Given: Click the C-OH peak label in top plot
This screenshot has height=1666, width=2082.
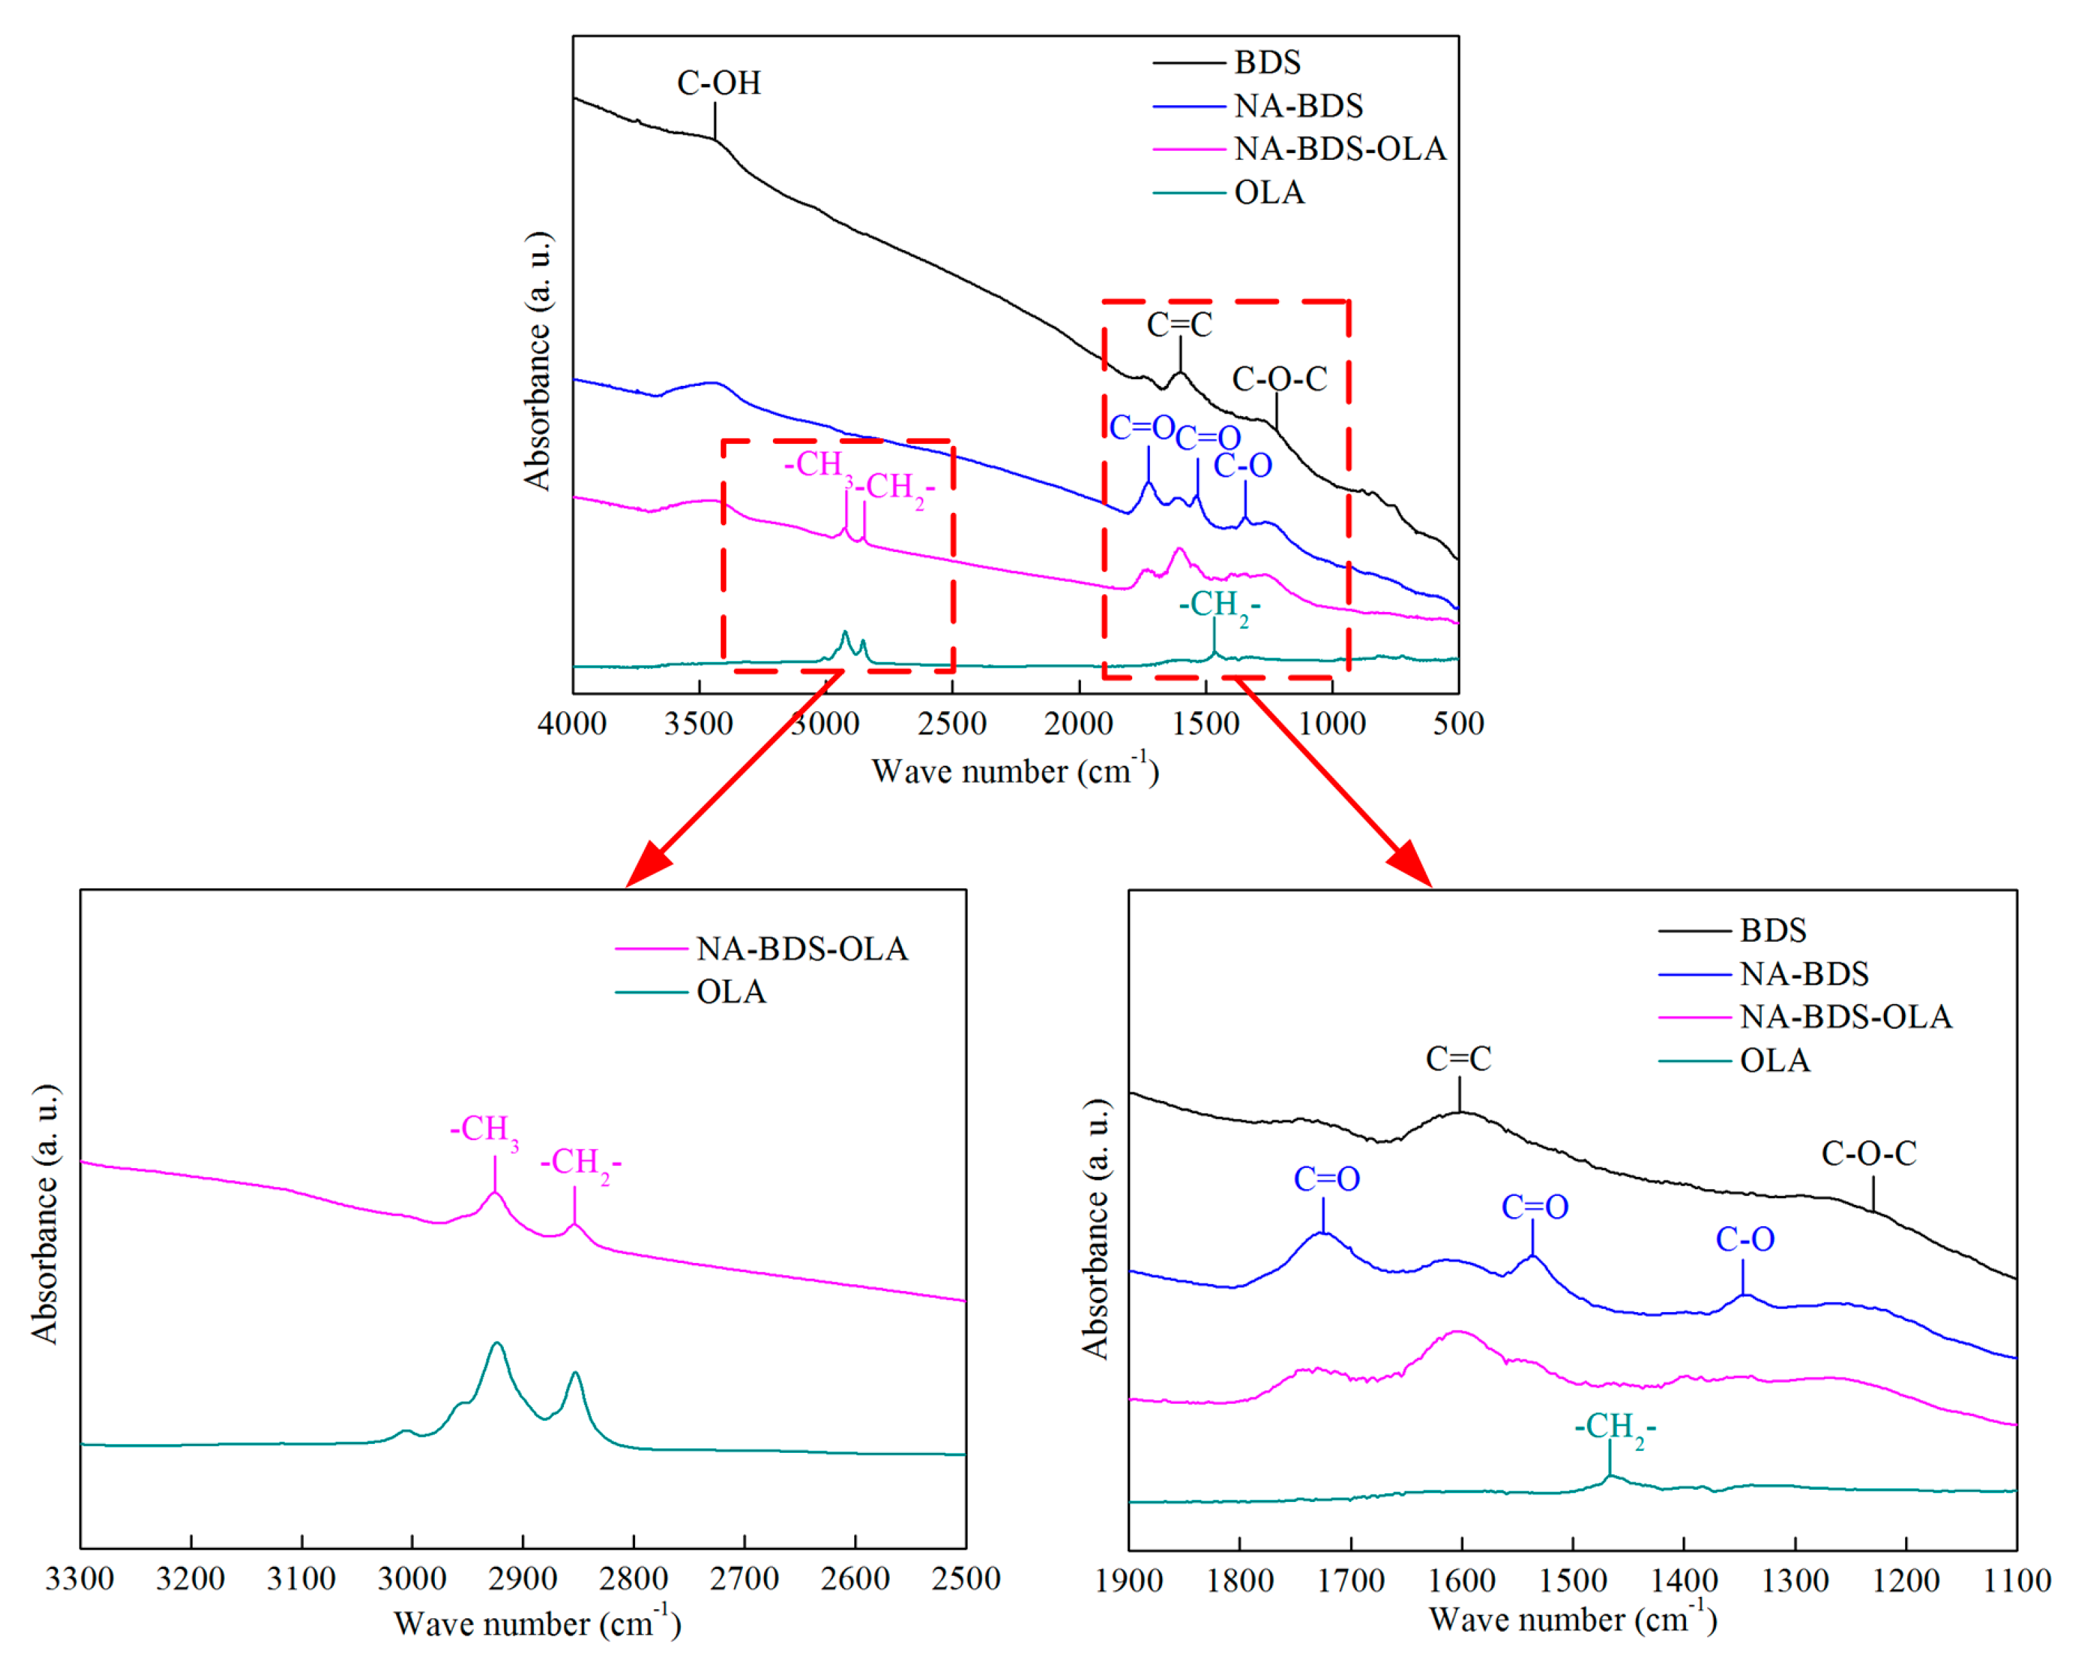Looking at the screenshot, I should [718, 83].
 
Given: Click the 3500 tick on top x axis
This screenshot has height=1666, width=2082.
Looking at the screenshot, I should [697, 723].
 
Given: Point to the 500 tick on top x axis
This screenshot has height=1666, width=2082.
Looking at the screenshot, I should [1457, 723].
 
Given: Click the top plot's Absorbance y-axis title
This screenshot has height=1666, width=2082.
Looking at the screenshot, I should [537, 361].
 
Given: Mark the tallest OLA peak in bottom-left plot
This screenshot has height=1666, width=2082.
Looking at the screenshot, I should [496, 1344].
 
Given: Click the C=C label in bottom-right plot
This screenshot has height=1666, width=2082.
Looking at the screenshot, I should [1457, 1059].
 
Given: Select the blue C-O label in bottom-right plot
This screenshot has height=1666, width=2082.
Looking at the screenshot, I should [1744, 1239].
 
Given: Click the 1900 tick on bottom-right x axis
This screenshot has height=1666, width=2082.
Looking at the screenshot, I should [1128, 1581].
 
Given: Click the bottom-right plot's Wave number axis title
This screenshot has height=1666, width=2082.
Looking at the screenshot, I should [1572, 1620].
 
